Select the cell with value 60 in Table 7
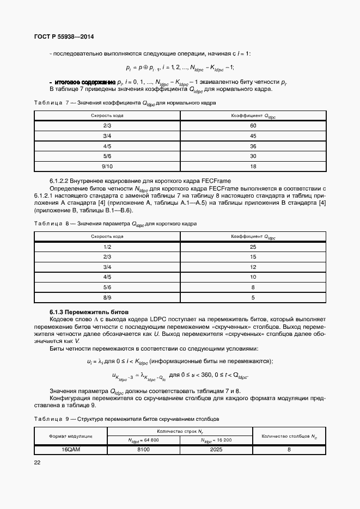[253, 126]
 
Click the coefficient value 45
[253, 136]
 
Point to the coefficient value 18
[253, 166]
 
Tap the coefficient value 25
[253, 247]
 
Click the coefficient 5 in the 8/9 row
[253, 297]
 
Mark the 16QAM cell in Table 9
[71, 450]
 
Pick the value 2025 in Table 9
[216, 450]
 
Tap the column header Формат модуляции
[71, 436]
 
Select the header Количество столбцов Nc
[289, 436]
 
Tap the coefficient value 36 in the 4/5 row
[253, 146]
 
